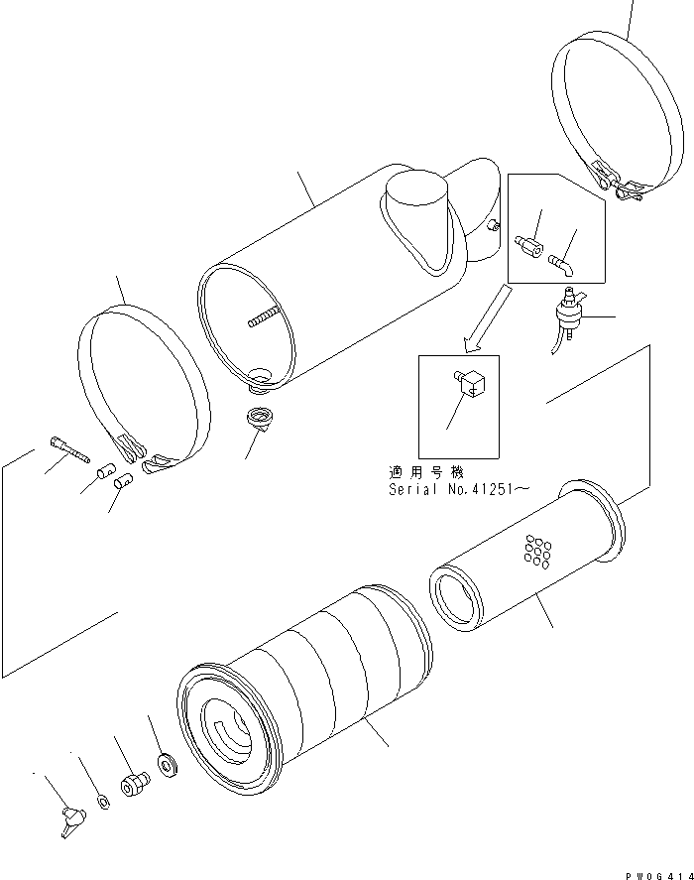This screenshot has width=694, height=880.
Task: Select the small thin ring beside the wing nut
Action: [104, 801]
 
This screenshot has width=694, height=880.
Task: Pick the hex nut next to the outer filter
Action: [131, 786]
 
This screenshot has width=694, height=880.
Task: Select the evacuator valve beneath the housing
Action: [260, 418]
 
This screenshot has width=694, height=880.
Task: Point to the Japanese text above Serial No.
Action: [425, 473]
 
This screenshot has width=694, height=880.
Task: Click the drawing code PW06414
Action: [657, 872]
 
